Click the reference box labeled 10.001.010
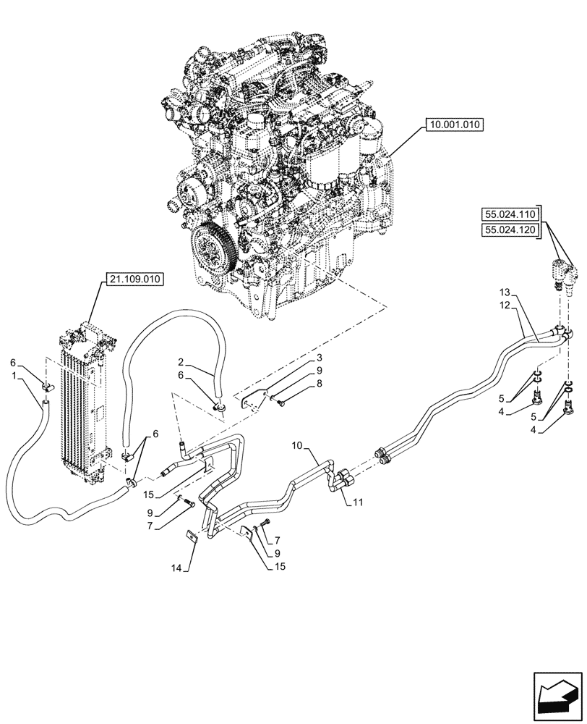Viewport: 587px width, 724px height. [x=455, y=125]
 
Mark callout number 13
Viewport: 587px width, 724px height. [x=505, y=292]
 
